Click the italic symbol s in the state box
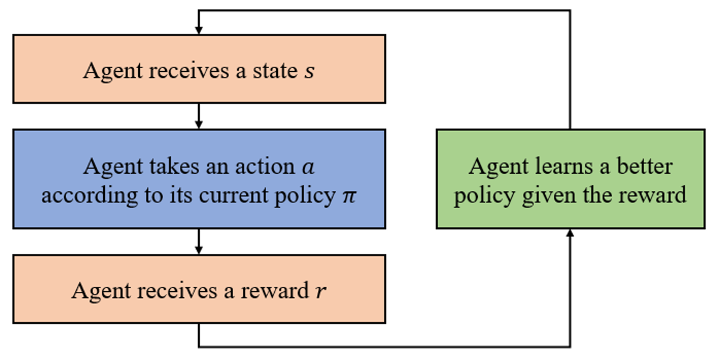point(309,71)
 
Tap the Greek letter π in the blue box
point(349,195)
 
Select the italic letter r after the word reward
point(321,291)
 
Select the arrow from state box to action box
point(199,116)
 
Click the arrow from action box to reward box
point(199,241)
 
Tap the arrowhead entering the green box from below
point(569,234)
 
